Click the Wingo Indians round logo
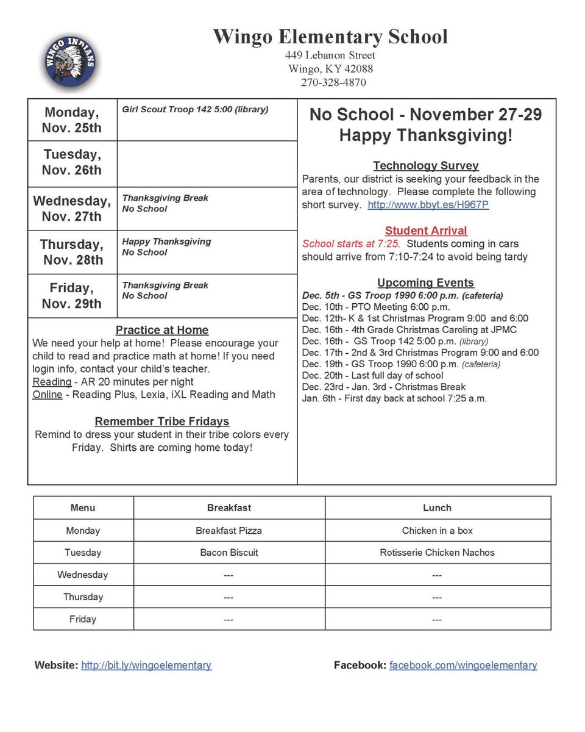pyautogui.click(x=71, y=60)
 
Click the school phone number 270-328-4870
pyautogui.click(x=333, y=82)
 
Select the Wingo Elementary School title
pyautogui.click(x=330, y=37)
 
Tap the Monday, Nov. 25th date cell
pyautogui.click(x=72, y=120)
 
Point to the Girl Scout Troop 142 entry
pyautogui.click(x=195, y=110)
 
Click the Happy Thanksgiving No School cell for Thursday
pyautogui.click(x=166, y=247)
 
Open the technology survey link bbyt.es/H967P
pyautogui.click(x=428, y=205)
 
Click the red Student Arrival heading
pyautogui.click(x=426, y=231)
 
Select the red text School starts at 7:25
pyautogui.click(x=351, y=244)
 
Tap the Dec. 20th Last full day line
pyautogui.click(x=372, y=376)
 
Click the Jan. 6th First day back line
pyautogui.click(x=394, y=398)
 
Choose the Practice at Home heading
pyautogui.click(x=162, y=330)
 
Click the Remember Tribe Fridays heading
pyautogui.click(x=162, y=422)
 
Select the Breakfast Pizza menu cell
pyautogui.click(x=229, y=531)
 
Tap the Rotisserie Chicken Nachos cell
pyautogui.click(x=437, y=553)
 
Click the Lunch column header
pyautogui.click(x=437, y=508)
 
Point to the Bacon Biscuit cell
pyautogui.click(x=229, y=553)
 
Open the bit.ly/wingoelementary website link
pyautogui.click(x=146, y=666)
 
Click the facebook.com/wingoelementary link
pyautogui.click(x=463, y=666)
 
